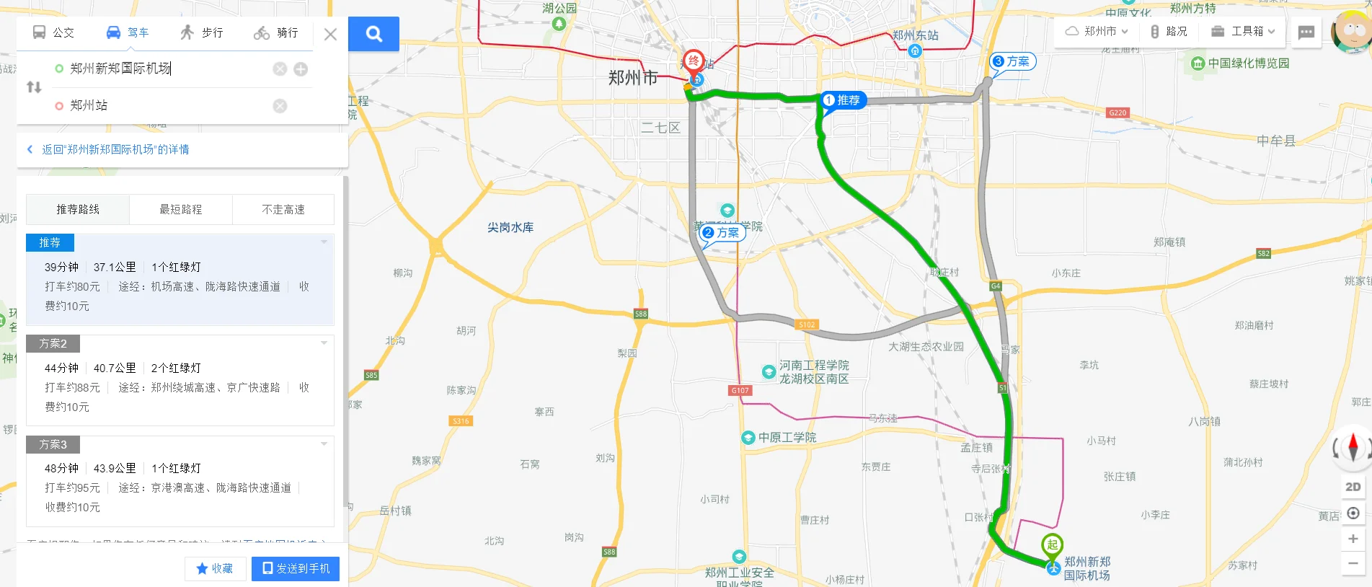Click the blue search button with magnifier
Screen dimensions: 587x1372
click(373, 34)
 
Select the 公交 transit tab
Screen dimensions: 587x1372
click(53, 32)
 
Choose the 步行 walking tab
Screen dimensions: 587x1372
click(202, 32)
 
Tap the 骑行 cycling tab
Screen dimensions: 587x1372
click(276, 32)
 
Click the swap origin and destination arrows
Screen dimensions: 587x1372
click(34, 87)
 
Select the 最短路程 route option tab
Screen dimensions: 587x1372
click(180, 209)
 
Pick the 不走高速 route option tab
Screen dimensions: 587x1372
click(283, 209)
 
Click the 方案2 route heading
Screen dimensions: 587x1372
click(53, 343)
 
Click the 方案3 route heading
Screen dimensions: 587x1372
click(53, 444)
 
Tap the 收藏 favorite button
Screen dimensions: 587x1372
click(215, 568)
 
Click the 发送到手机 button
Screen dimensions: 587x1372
click(296, 568)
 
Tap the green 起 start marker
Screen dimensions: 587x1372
click(1052, 544)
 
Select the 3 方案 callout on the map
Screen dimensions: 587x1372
click(1012, 62)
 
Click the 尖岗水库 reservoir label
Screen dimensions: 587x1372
click(510, 227)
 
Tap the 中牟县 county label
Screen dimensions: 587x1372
click(1275, 141)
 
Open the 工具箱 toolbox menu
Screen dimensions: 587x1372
click(1243, 31)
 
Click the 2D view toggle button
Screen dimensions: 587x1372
click(1353, 487)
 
